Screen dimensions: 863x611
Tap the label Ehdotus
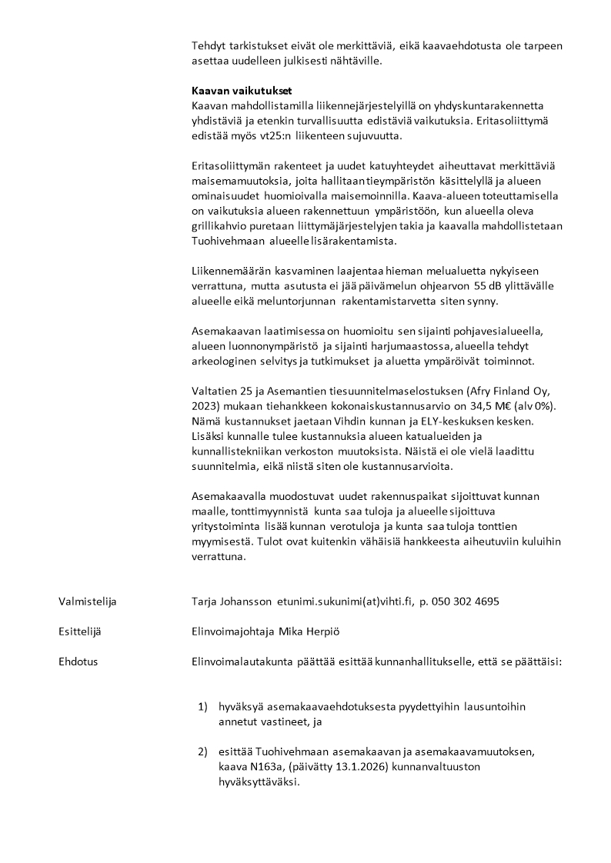coord(78,661)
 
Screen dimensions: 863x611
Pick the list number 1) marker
coord(203,706)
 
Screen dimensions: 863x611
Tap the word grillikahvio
coord(224,225)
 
